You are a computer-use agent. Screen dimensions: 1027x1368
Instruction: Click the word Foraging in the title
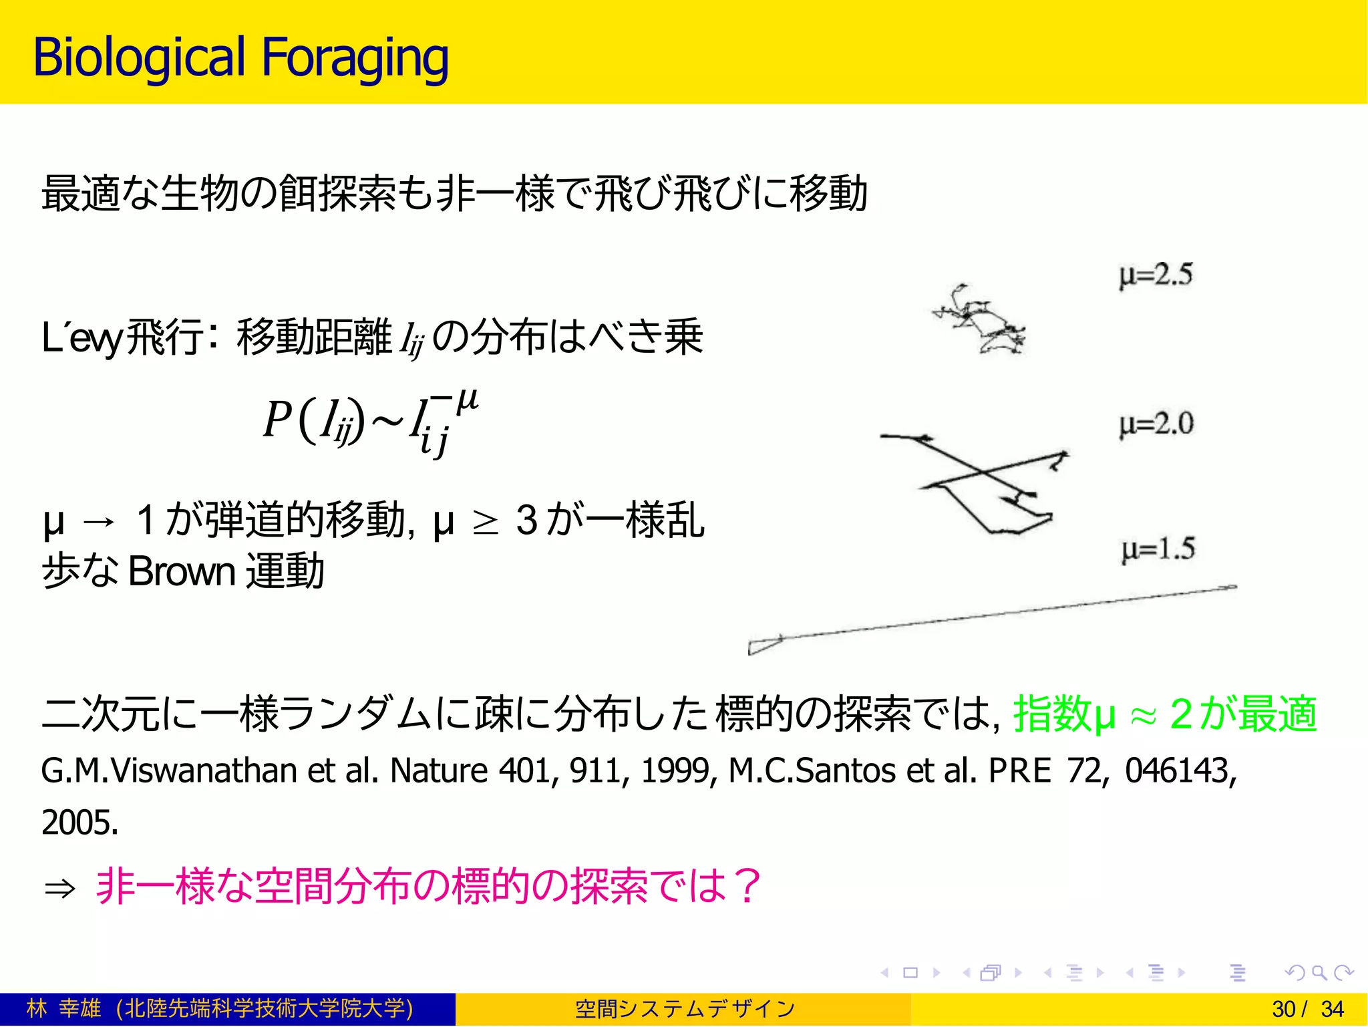(x=355, y=59)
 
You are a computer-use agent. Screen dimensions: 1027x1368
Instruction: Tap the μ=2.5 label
(x=1156, y=275)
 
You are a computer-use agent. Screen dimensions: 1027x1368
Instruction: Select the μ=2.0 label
(x=1156, y=424)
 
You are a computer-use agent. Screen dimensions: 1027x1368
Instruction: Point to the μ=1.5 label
(x=1158, y=549)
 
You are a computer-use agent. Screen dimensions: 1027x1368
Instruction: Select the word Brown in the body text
(x=182, y=572)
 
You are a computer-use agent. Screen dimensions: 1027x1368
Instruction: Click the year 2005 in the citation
(x=79, y=823)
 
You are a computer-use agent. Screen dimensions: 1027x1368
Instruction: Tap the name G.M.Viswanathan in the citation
(x=169, y=770)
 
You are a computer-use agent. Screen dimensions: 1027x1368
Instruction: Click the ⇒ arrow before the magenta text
(x=59, y=889)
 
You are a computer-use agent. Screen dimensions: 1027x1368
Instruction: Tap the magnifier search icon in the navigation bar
(x=1319, y=973)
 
